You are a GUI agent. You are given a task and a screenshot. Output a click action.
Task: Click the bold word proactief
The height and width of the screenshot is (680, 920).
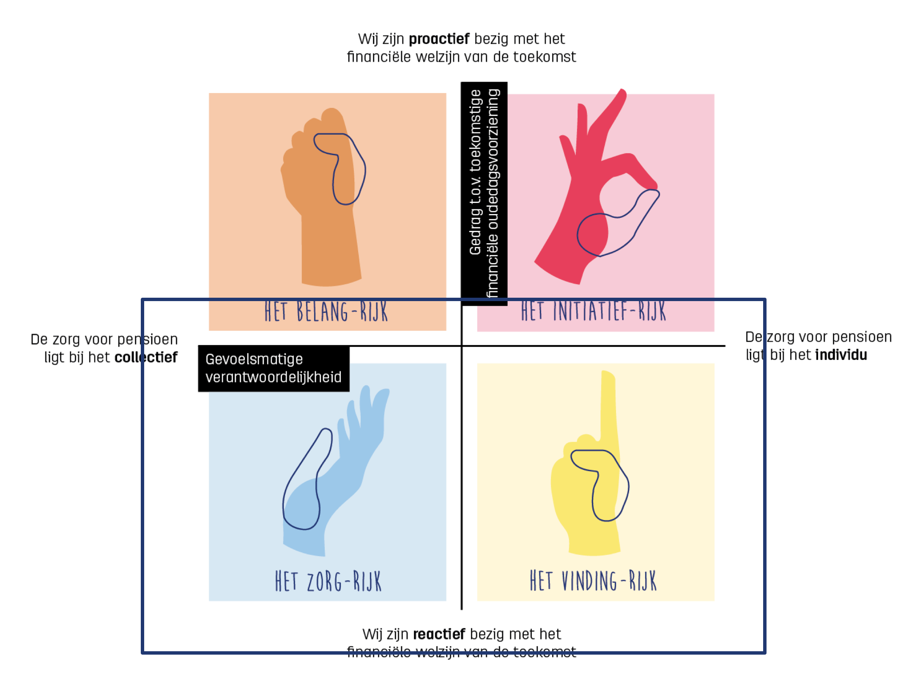coord(439,39)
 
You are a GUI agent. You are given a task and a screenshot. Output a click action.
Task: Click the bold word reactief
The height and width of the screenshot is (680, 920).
coord(439,634)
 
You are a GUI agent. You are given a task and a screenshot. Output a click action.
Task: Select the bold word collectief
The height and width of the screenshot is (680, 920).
coord(146,357)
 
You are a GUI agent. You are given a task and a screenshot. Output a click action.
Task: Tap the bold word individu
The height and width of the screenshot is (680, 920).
coord(841,355)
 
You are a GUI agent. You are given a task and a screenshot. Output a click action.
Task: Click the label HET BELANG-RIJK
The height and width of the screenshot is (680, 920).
coord(326,312)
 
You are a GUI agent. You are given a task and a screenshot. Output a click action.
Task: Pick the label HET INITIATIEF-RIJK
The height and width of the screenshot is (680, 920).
coord(593,311)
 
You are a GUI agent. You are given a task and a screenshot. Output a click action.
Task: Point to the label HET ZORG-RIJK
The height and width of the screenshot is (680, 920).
coord(328,581)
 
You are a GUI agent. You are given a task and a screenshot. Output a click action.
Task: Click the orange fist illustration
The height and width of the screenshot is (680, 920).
coord(321,178)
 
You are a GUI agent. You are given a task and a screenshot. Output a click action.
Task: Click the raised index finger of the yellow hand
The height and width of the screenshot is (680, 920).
coord(608,406)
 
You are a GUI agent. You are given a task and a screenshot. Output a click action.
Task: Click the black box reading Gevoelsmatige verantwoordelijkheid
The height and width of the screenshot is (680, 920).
coord(274,368)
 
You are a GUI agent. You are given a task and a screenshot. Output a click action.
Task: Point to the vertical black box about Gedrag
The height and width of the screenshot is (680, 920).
coord(484,192)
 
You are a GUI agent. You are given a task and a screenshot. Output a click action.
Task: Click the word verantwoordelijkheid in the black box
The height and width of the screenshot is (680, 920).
coord(274,377)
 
